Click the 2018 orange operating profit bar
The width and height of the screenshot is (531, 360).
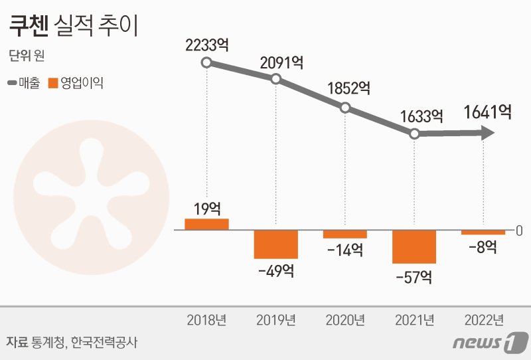pyautogui.click(x=206, y=224)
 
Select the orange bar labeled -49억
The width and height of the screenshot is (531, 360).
pyautogui.click(x=275, y=244)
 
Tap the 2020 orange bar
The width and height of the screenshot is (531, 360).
pyautogui.click(x=345, y=234)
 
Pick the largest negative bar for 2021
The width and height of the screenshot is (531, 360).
pyautogui.click(x=414, y=246)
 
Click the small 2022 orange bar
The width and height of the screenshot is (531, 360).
pyautogui.click(x=483, y=232)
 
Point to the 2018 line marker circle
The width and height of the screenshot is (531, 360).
pyautogui.click(x=206, y=62)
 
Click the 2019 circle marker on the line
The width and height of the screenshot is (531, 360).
pyautogui.click(x=276, y=79)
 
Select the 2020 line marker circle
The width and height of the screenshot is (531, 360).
pyautogui.click(x=345, y=108)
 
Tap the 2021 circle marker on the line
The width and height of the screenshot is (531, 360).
pyautogui.click(x=414, y=134)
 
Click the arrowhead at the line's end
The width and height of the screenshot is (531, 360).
pyautogui.click(x=488, y=134)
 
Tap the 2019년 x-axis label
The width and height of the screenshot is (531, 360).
pyautogui.click(x=276, y=320)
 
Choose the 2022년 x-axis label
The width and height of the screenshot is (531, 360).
pyautogui.click(x=483, y=320)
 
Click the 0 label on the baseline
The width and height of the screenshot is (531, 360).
pyautogui.click(x=519, y=230)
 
